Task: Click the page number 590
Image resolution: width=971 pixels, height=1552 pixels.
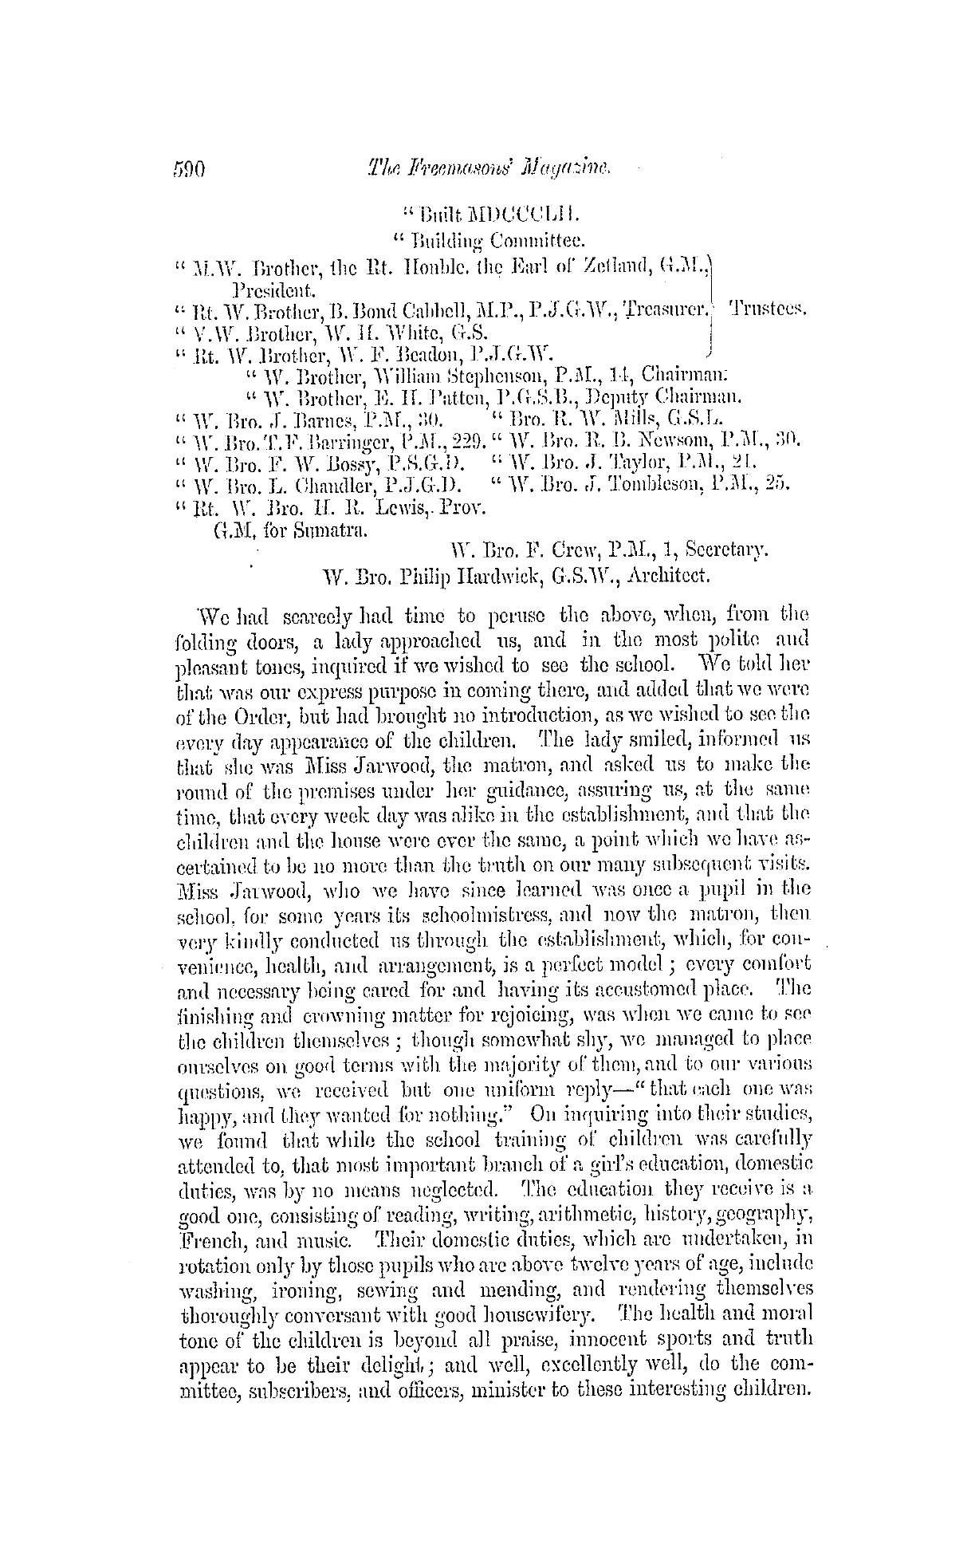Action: tap(189, 169)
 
